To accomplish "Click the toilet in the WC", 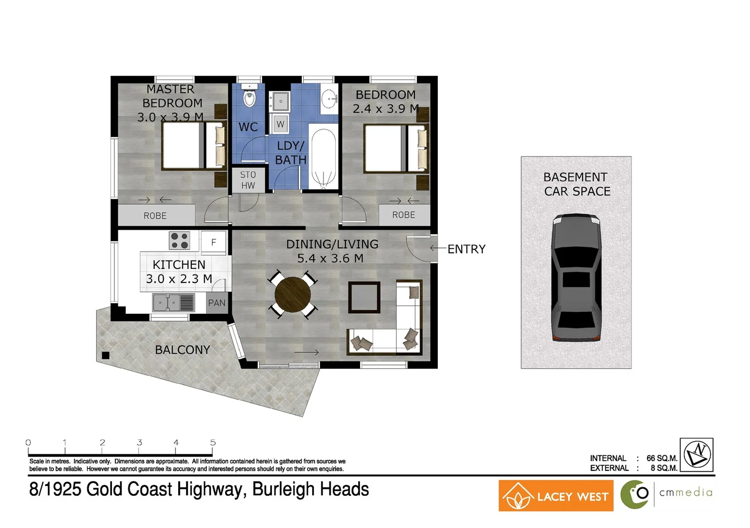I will (250, 97).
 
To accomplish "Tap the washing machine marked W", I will (280, 124).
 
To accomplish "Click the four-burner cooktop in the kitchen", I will (179, 241).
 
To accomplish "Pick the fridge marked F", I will (214, 242).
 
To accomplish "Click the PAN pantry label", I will (217, 303).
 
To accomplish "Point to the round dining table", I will (293, 295).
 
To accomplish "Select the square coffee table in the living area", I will (364, 297).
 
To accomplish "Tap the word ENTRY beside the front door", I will (466, 249).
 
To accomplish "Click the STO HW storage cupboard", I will (248, 180).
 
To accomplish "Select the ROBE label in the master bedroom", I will (155, 216).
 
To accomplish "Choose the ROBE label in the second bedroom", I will (404, 215).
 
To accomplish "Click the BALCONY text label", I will (182, 350).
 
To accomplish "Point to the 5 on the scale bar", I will (213, 442).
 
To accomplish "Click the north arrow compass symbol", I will (697, 455).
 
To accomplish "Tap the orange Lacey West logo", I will (556, 496).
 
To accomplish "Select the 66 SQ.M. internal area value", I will (661, 458).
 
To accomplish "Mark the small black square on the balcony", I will (106, 355).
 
